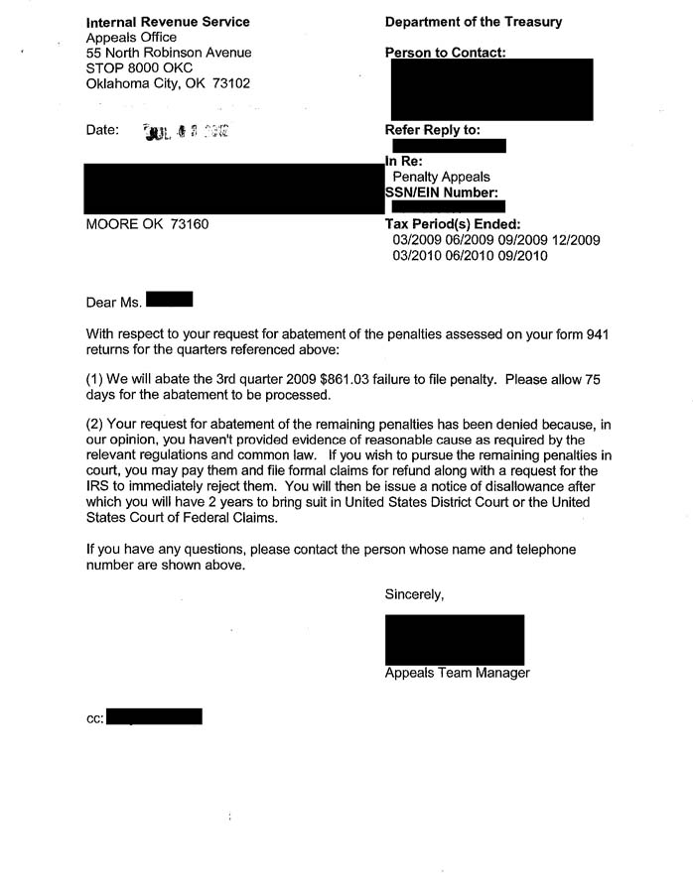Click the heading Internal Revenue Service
(168, 22)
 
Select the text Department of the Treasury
(473, 22)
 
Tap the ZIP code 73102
(231, 84)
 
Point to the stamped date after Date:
(187, 131)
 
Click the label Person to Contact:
(445, 53)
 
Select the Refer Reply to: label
(432, 130)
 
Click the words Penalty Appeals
(441, 178)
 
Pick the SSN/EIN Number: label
(441, 192)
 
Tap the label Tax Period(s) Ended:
(452, 225)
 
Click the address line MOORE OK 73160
(147, 224)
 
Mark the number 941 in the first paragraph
(593, 334)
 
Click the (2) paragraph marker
(96, 426)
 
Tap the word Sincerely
(414, 594)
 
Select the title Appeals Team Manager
(457, 673)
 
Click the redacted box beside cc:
(154, 716)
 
